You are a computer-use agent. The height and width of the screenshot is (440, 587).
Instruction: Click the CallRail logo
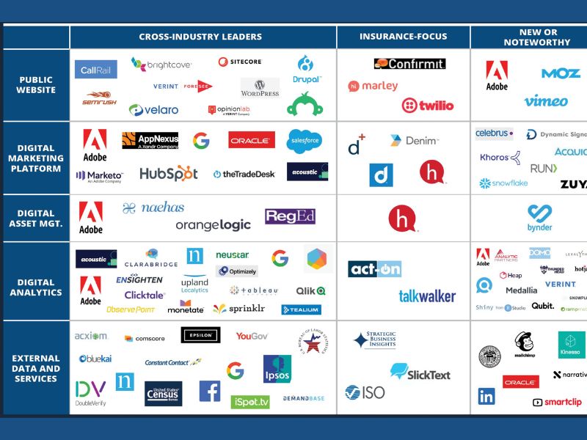point(96,70)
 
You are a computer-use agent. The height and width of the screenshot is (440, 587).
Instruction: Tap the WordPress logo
point(260,88)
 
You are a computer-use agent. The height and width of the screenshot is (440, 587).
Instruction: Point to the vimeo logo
point(545,101)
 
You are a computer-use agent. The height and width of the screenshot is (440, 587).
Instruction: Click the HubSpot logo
point(169,174)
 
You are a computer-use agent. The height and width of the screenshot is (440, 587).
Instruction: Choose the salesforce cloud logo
point(304,140)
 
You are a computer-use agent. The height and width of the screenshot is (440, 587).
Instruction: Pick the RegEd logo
point(290,216)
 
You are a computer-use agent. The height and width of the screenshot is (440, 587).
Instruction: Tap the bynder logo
point(539,218)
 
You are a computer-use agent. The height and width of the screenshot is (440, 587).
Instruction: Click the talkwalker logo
point(427,296)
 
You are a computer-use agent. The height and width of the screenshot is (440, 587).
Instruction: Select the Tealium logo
point(301,309)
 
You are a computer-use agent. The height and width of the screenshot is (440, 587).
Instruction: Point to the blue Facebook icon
point(210,391)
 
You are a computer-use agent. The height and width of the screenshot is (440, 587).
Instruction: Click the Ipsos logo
point(277,368)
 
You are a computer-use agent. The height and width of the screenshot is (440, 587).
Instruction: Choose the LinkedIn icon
point(486,396)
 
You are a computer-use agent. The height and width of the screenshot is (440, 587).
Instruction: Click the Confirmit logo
point(409,64)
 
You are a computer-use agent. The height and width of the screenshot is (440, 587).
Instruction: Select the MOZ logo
point(561,73)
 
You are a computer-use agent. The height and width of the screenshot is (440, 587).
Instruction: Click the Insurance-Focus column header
point(403,37)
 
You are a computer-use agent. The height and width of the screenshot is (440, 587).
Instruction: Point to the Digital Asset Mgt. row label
point(36,219)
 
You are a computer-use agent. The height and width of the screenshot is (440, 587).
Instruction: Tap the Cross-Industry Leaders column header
point(200,37)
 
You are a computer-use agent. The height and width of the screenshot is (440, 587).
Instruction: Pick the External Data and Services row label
point(36,368)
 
